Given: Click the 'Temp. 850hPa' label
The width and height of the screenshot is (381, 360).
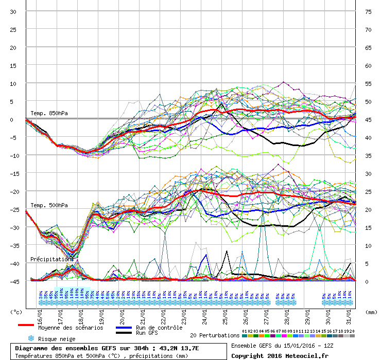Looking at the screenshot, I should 49,113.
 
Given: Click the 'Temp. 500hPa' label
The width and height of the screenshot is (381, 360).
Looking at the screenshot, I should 49,205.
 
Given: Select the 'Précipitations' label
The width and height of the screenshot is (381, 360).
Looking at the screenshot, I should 51,259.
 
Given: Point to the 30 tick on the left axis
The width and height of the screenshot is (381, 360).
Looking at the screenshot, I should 13,11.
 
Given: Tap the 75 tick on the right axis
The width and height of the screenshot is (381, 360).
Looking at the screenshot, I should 368,11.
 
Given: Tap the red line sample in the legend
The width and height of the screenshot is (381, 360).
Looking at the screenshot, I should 26,325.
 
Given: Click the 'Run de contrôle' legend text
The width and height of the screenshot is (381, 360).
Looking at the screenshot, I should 159,328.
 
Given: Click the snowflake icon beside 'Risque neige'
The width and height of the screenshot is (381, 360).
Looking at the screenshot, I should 30,339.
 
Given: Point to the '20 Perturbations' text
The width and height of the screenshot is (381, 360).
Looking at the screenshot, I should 214,335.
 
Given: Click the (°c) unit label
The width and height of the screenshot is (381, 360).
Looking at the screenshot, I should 16,312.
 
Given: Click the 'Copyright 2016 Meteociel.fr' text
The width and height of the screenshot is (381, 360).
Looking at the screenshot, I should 280,355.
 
